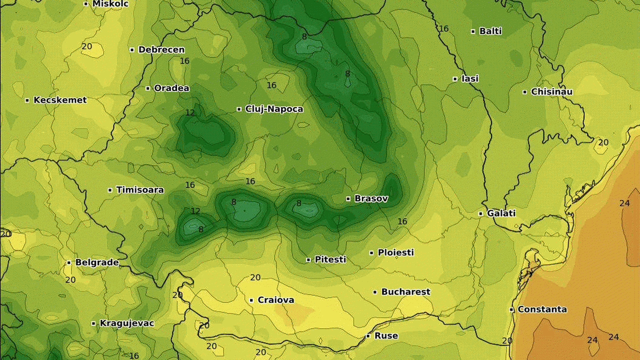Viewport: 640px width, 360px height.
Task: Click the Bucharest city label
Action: tap(405, 291)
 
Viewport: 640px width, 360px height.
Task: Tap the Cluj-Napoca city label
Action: tap(274, 109)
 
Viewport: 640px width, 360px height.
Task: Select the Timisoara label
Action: tap(140, 190)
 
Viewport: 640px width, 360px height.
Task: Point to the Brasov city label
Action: tap(371, 198)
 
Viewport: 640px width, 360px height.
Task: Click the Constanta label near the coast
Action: tap(542, 309)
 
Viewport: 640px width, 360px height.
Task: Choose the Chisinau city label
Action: tap(551, 92)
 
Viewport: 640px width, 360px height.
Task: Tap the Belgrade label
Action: tap(97, 262)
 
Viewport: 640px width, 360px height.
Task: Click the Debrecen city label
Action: tap(161, 49)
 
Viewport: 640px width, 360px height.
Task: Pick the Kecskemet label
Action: tap(60, 100)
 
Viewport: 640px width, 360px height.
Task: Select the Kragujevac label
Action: tap(127, 323)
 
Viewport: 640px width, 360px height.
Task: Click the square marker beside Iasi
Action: tap(455, 79)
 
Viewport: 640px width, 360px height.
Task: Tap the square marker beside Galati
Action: tap(480, 213)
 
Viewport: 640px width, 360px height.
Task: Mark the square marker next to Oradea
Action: tap(148, 88)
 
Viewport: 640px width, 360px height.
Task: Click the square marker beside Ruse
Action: tap(368, 336)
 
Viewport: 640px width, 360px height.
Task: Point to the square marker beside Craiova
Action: tap(251, 300)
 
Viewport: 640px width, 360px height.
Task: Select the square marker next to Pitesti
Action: tap(308, 260)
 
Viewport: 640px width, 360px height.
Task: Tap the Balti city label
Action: tap(490, 31)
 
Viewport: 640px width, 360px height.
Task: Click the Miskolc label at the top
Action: tap(110, 3)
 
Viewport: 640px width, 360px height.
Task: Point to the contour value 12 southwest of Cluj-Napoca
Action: tap(190, 112)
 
